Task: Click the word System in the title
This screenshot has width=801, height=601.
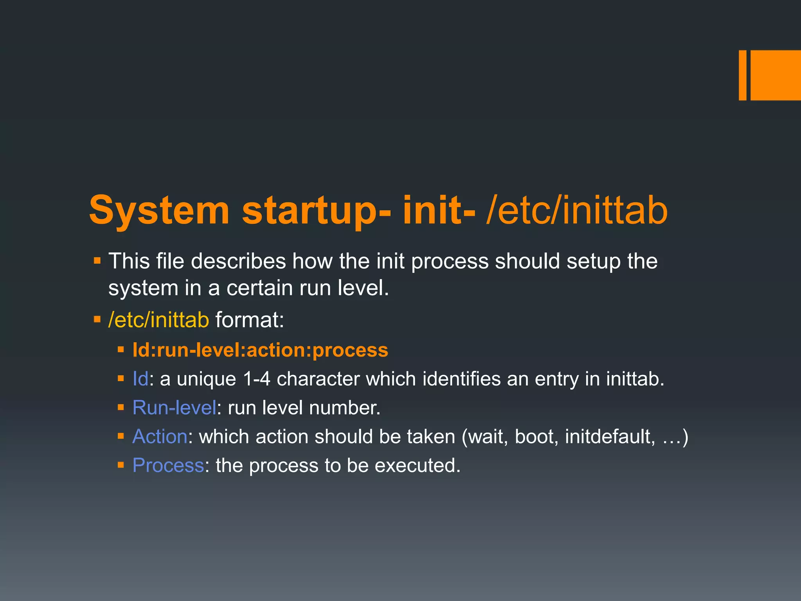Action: coord(159,212)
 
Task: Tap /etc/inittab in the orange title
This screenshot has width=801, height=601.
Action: coord(577,212)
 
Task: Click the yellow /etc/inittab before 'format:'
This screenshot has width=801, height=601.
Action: coord(159,320)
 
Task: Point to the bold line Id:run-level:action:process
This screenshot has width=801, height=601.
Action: coord(260,350)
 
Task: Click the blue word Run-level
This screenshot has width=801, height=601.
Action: coord(174,408)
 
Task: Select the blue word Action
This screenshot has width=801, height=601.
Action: coord(160,437)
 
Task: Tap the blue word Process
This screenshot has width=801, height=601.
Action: coord(168,466)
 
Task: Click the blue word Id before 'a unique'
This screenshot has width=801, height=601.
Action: coord(140,379)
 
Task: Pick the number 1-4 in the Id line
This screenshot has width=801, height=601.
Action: coord(256,379)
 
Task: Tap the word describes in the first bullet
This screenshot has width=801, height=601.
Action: coord(238,261)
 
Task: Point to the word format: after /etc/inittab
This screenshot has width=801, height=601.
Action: coord(250,320)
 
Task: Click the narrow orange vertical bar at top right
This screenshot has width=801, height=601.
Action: coord(742,75)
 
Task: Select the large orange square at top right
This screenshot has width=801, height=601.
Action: coord(775,75)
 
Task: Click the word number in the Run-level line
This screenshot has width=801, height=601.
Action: coord(344,408)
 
